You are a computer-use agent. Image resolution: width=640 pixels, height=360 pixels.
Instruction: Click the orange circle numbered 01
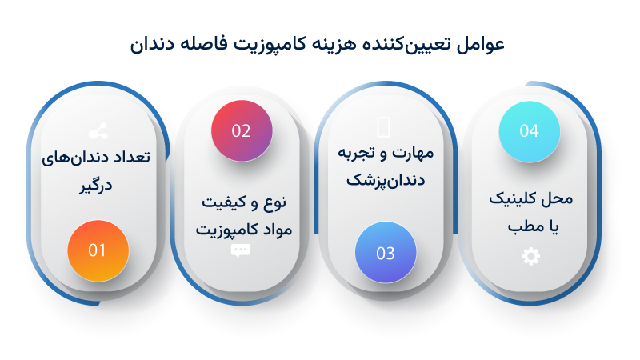click(98, 250)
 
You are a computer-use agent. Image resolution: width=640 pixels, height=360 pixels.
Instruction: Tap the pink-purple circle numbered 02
click(241, 131)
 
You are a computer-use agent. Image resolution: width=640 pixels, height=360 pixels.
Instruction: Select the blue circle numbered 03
click(386, 253)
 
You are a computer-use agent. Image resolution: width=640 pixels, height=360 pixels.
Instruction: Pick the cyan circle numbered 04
click(529, 131)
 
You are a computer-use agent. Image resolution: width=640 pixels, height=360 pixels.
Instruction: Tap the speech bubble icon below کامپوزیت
click(241, 251)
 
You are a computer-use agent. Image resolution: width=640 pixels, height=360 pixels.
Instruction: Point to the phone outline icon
click(384, 128)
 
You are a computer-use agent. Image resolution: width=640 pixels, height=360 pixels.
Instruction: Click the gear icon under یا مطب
click(530, 255)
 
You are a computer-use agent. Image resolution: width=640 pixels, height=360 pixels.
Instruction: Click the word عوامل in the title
click(482, 43)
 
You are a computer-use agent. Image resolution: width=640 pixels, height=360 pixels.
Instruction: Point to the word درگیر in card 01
click(96, 186)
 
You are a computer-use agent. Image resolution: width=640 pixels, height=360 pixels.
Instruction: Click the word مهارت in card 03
click(416, 152)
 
